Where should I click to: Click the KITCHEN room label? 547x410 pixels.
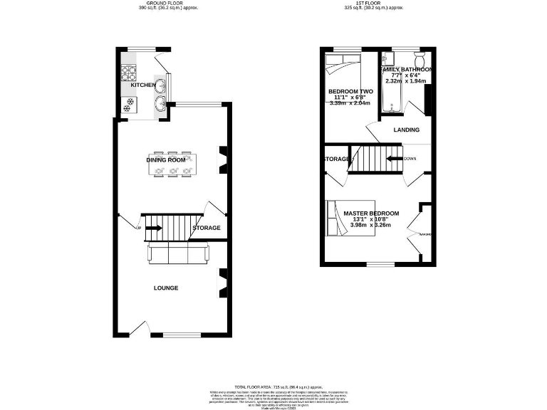coord(143,85)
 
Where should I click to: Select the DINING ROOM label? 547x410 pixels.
coord(166,160)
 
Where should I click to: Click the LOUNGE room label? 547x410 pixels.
coord(166,288)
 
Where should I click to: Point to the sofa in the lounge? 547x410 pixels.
coord(177,253)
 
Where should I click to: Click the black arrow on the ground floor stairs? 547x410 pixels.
coord(154,228)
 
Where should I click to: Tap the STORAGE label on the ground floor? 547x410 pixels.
coord(206,228)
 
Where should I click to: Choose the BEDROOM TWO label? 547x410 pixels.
coord(350,92)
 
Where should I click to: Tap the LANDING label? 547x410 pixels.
coord(407,130)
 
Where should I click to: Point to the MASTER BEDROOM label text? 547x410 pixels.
coord(371,213)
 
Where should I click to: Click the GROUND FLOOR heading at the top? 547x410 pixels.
coord(167,3)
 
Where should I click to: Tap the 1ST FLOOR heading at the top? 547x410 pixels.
coord(374,3)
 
